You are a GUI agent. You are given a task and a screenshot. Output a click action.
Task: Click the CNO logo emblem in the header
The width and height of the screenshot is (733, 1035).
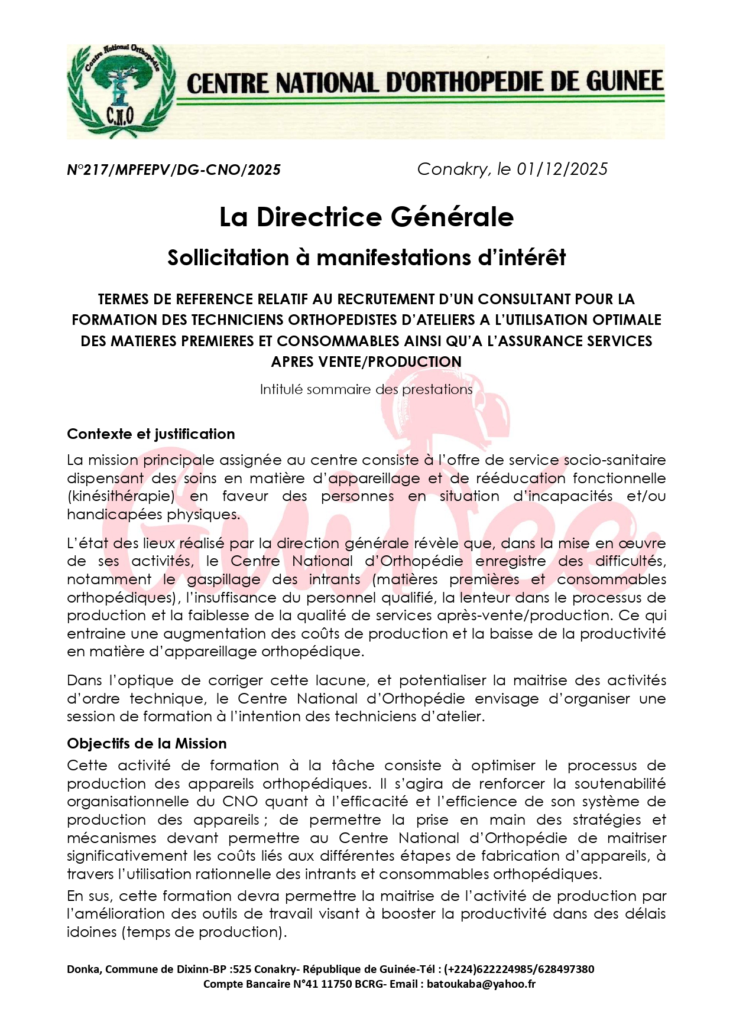[121, 92]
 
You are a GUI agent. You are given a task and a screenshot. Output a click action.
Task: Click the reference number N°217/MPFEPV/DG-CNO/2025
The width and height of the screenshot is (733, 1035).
[174, 170]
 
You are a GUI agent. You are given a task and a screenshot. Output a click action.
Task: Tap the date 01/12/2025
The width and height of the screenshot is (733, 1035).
[562, 170]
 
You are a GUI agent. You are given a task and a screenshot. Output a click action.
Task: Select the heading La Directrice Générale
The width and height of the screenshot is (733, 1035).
[367, 217]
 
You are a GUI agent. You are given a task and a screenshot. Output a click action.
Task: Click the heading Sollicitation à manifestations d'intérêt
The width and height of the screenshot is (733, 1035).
[367, 258]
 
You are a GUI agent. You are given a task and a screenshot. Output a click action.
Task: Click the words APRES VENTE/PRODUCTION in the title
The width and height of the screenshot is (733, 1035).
[367, 362]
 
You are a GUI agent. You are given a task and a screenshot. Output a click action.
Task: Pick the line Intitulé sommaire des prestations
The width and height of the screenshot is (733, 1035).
[367, 390]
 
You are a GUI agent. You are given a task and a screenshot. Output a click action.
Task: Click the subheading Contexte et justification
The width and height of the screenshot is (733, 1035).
[151, 434]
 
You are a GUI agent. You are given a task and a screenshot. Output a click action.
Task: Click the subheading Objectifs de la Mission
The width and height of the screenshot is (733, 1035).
[147, 744]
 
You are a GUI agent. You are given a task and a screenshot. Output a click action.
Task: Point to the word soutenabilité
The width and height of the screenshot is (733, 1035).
[620, 784]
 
